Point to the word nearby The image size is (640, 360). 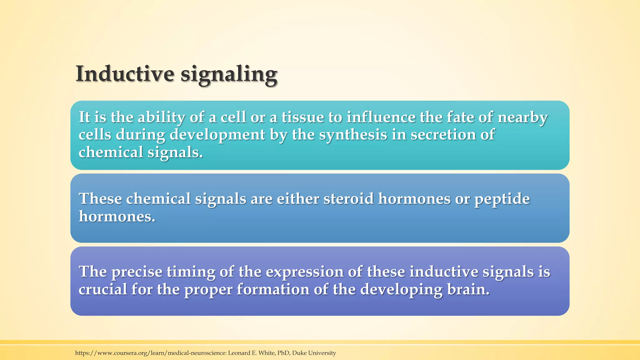tap(522, 118)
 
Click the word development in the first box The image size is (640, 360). tap(217, 135)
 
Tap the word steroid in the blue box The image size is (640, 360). tap(348, 198)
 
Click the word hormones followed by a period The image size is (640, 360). tap(117, 216)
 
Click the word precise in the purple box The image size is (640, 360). tap(137, 272)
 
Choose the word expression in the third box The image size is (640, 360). tap(305, 272)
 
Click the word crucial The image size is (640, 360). tap(102, 289)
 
